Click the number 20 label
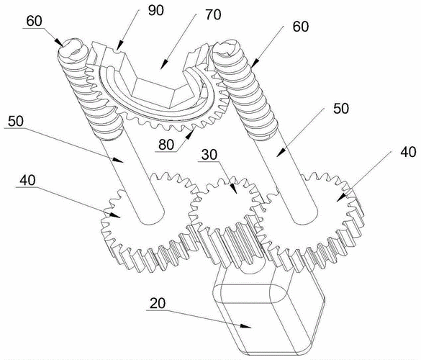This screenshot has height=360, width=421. click(x=158, y=303)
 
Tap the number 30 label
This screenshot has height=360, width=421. click(x=209, y=155)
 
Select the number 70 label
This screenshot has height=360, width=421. click(x=214, y=14)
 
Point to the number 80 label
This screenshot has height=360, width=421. click(x=166, y=145)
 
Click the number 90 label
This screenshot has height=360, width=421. click(x=155, y=10)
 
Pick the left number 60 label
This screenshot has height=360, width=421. click(x=35, y=21)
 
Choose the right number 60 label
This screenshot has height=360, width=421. click(x=301, y=27)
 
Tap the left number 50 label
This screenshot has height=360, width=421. click(x=16, y=121)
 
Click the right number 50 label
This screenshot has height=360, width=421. click(x=341, y=109)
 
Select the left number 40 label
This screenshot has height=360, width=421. click(x=27, y=180)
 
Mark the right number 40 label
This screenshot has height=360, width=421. click(x=408, y=152)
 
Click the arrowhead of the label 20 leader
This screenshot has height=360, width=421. click(x=245, y=326)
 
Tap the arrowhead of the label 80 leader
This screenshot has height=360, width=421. click(x=190, y=133)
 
